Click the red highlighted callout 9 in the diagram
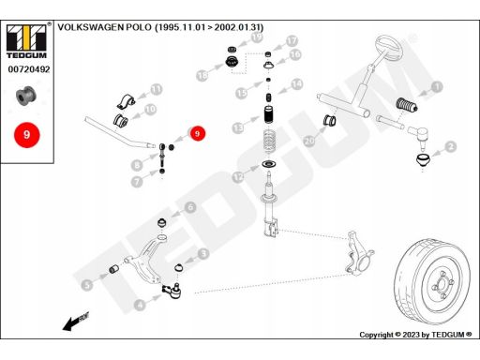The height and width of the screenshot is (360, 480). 197,134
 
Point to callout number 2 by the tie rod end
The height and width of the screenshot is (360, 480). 451,145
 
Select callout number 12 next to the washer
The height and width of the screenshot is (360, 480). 238,176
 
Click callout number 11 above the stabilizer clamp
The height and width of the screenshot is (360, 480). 157,89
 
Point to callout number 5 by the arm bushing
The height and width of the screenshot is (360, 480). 87,284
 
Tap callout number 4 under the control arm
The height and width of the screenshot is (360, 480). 140,304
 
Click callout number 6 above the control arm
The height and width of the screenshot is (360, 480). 189,207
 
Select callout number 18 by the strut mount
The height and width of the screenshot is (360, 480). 202,74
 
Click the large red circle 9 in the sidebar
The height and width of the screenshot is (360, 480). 26,135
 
